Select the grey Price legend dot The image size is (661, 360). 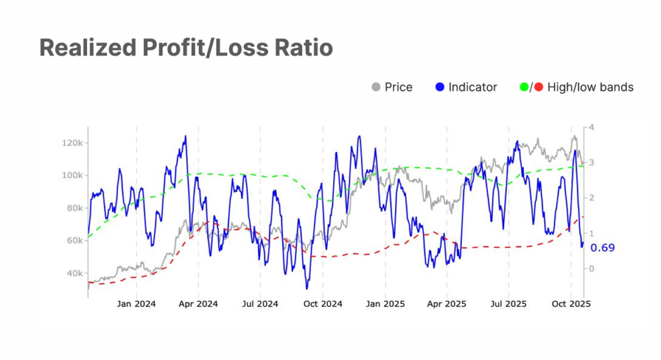376,87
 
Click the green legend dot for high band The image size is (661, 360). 524,87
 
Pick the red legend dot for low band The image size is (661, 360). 539,87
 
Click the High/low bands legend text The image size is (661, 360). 590,87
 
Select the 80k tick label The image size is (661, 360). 72,208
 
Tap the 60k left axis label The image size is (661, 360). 72,241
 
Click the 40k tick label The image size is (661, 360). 72,274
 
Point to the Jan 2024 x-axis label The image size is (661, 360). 136,303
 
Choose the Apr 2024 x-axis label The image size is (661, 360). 198,303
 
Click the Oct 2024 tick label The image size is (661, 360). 323,303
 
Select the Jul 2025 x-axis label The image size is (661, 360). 508,303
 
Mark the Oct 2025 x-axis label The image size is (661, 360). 570,303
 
